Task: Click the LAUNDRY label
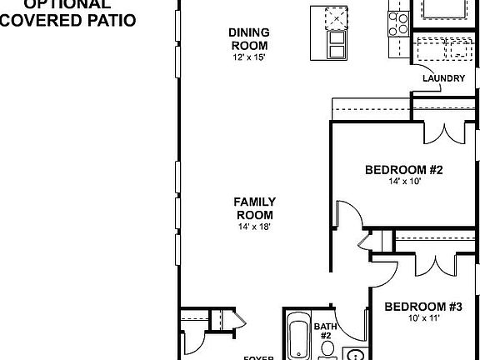(x=443, y=79)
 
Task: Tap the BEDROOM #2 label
(x=403, y=171)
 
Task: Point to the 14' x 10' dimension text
(x=403, y=182)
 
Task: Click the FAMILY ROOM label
(x=254, y=207)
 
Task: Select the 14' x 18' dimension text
(x=254, y=226)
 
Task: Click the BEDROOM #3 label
(x=422, y=307)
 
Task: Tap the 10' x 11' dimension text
(x=422, y=318)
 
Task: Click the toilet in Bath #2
(x=327, y=349)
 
